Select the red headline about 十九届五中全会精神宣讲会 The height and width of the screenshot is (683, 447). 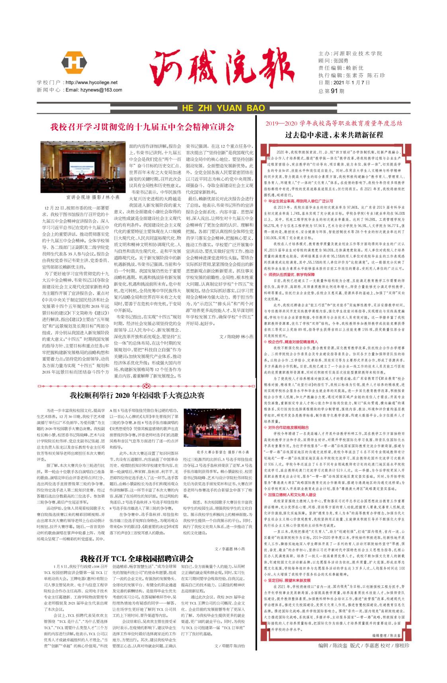click(x=142, y=127)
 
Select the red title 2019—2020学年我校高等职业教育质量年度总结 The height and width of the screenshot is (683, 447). click(x=334, y=123)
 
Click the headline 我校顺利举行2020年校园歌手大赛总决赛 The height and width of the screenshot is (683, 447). click(x=137, y=395)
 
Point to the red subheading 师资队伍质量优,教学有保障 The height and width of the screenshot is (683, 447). click(x=292, y=275)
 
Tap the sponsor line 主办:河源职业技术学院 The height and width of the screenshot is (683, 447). click(x=350, y=53)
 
